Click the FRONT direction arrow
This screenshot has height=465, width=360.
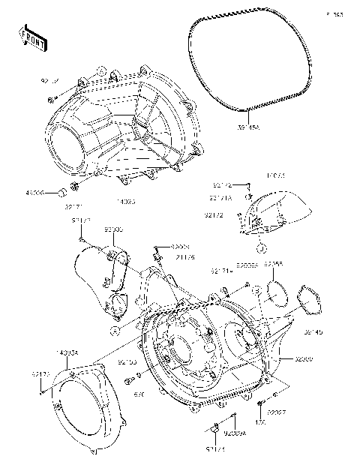32,37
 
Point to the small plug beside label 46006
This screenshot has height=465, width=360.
55,193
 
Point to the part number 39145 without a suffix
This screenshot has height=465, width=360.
313,333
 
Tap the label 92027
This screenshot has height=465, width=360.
277,412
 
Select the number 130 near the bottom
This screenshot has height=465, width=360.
262,421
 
